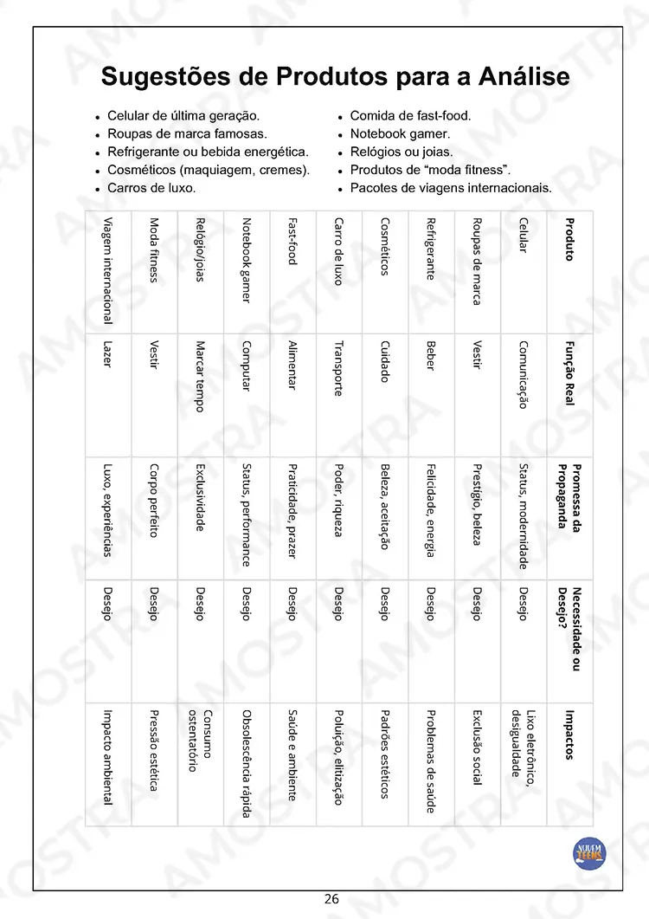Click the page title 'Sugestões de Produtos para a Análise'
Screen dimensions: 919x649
pos(335,76)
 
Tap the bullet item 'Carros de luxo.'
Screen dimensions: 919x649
pos(151,187)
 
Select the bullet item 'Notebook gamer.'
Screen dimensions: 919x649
pos(400,133)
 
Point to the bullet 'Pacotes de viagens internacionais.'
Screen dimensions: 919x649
pos(451,187)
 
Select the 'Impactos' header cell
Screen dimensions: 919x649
pos(569,735)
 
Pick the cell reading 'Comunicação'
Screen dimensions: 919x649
pos(523,374)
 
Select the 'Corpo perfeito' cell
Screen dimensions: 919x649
pos(154,501)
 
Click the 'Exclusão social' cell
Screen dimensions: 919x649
pos(477,747)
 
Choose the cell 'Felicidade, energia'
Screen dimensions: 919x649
pos(430,510)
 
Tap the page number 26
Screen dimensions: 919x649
pos(331,898)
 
